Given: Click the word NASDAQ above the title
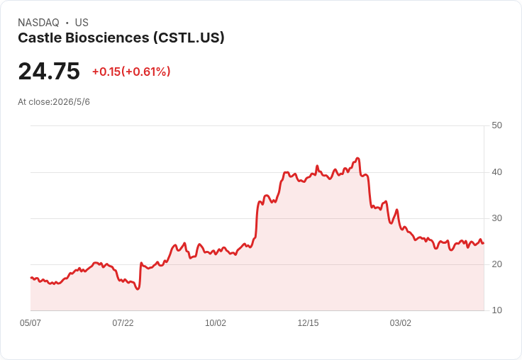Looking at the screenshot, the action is click(x=38, y=23).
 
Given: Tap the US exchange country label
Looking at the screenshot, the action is click(x=82, y=23).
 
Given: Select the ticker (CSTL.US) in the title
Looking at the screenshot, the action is click(x=189, y=38).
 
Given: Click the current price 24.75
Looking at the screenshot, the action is click(x=49, y=71).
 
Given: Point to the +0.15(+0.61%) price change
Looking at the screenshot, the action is click(x=131, y=72).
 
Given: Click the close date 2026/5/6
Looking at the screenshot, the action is click(x=71, y=102).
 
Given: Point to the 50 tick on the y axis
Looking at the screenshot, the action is click(x=496, y=125).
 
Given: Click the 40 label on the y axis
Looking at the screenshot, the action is click(x=496, y=172).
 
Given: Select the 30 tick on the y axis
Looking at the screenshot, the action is click(x=496, y=218).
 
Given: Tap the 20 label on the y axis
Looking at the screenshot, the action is click(x=496, y=264).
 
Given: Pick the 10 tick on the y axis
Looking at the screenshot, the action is click(x=496, y=310).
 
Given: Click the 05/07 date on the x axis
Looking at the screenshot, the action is click(x=30, y=323).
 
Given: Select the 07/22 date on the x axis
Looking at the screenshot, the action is click(x=123, y=323).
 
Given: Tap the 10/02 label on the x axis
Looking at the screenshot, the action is click(x=216, y=323).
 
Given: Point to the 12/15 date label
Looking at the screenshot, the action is click(x=308, y=323).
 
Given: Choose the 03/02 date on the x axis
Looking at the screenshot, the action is click(x=401, y=323).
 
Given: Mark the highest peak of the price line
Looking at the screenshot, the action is click(x=357, y=158).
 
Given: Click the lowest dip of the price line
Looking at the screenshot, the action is click(x=138, y=289).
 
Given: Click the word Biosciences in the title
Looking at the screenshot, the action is click(x=107, y=38).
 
